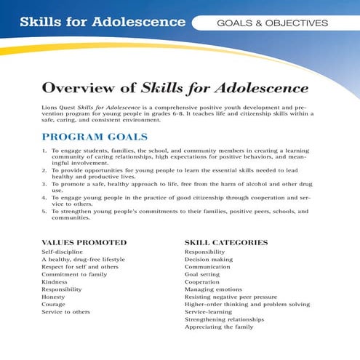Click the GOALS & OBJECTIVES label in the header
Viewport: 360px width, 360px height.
point(272,23)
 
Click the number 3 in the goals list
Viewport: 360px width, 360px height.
point(44,184)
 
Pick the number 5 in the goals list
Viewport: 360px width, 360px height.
point(44,211)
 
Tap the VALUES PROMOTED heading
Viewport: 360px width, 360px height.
point(84,242)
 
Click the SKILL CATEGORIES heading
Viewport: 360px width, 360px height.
point(226,242)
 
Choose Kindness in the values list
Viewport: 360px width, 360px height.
point(55,281)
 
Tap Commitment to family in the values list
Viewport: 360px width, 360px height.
point(74,274)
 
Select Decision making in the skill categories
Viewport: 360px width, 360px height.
point(209,259)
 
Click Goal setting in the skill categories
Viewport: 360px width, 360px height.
point(203,274)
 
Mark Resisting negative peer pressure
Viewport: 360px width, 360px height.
point(231,297)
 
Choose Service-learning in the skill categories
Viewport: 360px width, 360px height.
point(209,312)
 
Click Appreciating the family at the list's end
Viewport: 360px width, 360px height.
point(219,327)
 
